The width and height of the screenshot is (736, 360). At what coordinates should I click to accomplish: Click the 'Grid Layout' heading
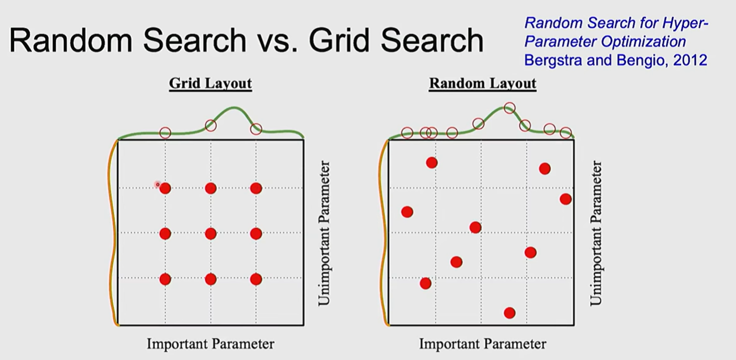[210, 83]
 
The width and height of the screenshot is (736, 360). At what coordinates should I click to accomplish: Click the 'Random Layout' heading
[482, 83]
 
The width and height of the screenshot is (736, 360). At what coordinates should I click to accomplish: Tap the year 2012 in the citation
[690, 60]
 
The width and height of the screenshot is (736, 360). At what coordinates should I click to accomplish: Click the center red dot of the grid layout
[211, 233]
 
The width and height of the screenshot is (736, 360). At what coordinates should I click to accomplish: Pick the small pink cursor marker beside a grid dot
[158, 184]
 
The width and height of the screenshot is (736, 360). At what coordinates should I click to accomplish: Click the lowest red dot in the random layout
[509, 313]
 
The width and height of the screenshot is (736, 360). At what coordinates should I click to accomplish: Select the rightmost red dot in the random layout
[565, 199]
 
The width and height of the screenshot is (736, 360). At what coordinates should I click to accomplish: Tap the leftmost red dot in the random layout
[407, 212]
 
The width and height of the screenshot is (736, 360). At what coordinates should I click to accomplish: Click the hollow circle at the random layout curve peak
[509, 108]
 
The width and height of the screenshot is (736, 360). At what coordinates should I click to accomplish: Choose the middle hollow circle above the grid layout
[211, 125]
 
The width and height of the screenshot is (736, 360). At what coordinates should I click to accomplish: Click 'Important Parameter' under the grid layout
[210, 344]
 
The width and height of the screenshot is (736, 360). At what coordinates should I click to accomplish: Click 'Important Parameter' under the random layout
[482, 344]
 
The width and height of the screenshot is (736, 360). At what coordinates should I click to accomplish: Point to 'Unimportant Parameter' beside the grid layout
[324, 233]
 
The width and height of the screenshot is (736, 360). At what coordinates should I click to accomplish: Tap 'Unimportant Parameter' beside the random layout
[596, 233]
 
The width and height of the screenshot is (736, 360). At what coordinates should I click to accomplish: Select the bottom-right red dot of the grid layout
[256, 279]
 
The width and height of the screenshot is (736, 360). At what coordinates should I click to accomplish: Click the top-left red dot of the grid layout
[165, 188]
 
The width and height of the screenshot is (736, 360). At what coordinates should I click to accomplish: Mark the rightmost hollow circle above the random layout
[565, 133]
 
